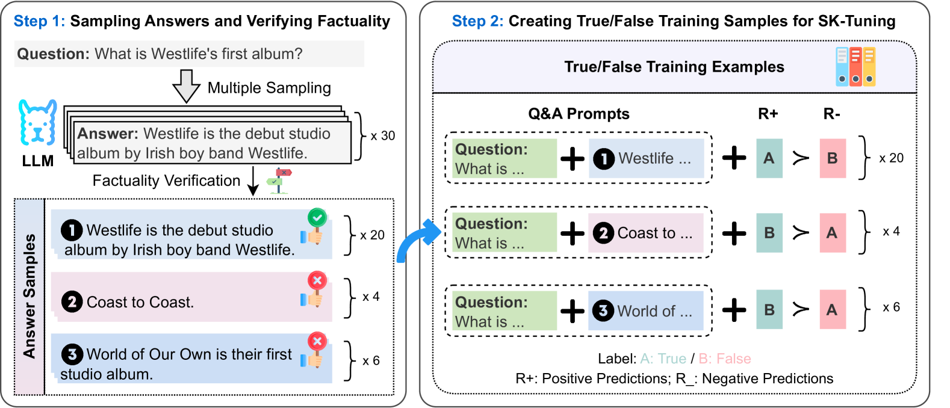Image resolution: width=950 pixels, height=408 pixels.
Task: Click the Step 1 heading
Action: [39, 22]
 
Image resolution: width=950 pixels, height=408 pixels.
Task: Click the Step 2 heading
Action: [477, 22]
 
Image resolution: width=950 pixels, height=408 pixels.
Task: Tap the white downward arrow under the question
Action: [187, 86]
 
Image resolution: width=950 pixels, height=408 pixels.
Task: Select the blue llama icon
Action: [37, 122]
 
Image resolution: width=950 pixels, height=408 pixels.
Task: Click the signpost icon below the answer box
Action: [279, 181]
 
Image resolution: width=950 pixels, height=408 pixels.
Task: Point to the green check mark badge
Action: [317, 217]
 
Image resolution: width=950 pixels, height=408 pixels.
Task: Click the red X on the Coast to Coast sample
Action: [317, 280]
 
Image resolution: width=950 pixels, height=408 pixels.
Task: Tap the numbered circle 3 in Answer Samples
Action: [72, 354]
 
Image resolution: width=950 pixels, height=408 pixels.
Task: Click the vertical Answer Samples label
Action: [29, 297]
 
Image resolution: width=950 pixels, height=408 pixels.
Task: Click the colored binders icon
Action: [855, 67]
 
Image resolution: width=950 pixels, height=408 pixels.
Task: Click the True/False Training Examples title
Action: [674, 67]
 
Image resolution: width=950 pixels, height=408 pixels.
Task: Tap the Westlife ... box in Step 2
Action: [646, 159]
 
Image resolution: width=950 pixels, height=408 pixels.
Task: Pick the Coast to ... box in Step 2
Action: [645, 233]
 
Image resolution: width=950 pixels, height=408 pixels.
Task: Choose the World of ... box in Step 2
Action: [645, 311]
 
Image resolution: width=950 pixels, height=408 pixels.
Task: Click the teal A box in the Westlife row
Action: [769, 158]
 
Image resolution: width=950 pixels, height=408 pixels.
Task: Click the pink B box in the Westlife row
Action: [833, 158]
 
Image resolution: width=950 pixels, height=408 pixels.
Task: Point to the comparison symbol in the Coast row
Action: [801, 233]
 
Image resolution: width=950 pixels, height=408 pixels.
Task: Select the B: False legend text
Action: [724, 359]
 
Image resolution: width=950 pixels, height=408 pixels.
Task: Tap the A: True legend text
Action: [663, 359]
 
